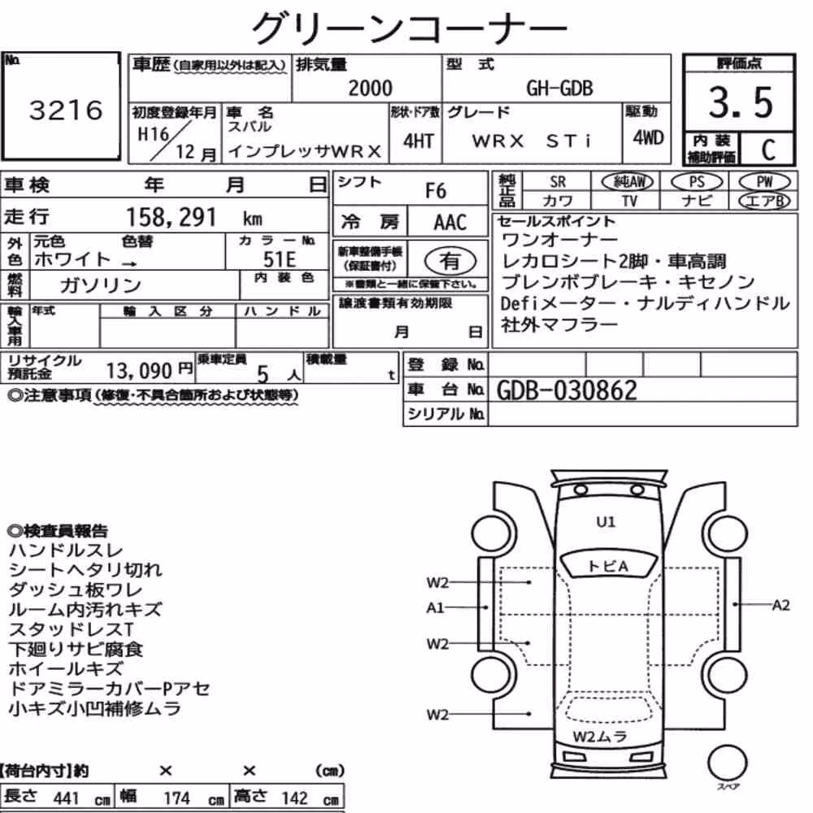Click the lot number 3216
[66, 110]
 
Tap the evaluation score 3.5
[741, 102]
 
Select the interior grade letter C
[768, 150]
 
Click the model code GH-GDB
[559, 88]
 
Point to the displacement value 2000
[370, 88]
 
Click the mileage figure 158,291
[171, 217]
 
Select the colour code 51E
[280, 259]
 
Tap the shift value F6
[436, 191]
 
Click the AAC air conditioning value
[450, 223]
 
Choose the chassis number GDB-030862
[567, 390]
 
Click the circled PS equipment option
[697, 181]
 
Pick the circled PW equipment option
[764, 181]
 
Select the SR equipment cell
[558, 181]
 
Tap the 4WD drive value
[648, 137]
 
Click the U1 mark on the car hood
[606, 522]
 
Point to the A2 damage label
[780, 605]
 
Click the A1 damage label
[436, 607]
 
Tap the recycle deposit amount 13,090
[139, 371]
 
